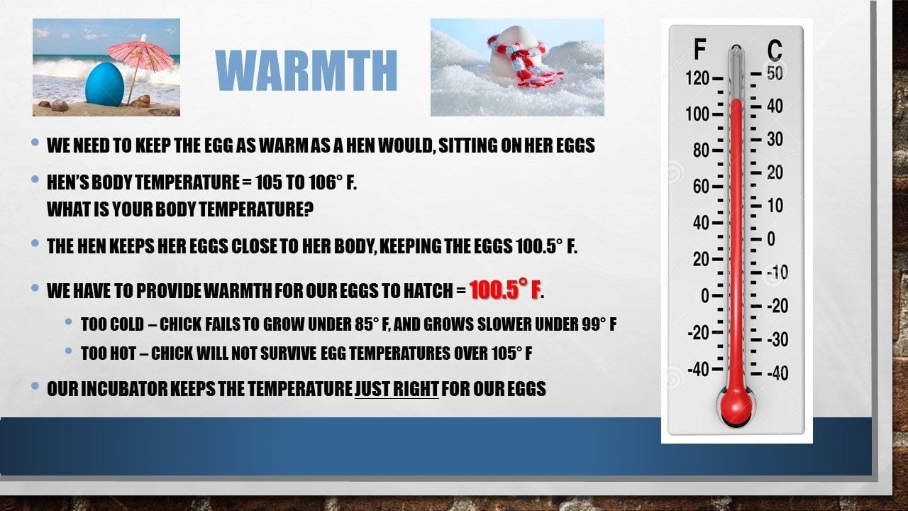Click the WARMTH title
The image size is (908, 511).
click(306, 70)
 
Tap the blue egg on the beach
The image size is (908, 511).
click(104, 84)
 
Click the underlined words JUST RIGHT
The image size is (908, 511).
click(397, 388)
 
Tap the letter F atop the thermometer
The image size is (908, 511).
click(700, 49)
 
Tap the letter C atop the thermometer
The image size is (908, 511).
click(774, 51)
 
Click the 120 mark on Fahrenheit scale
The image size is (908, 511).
click(697, 78)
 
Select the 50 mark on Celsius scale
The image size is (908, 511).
click(775, 73)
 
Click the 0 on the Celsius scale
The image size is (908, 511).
click(771, 239)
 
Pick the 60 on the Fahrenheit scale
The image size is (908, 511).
click(702, 187)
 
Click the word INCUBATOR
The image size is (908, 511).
click(124, 388)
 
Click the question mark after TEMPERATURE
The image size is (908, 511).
click(309, 209)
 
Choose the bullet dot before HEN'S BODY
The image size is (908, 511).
click(35, 178)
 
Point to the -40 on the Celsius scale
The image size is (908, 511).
click(777, 373)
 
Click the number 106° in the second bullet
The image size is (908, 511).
click(323, 182)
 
